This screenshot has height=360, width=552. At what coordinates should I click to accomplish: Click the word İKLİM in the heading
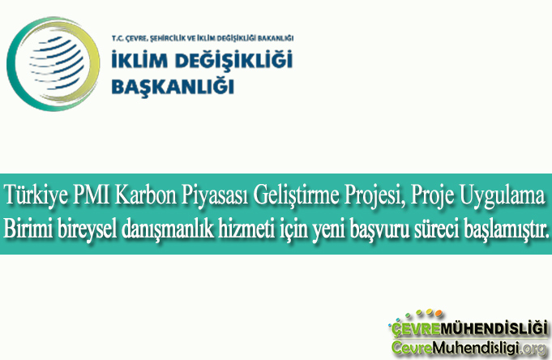pyautogui.click(x=137, y=60)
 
